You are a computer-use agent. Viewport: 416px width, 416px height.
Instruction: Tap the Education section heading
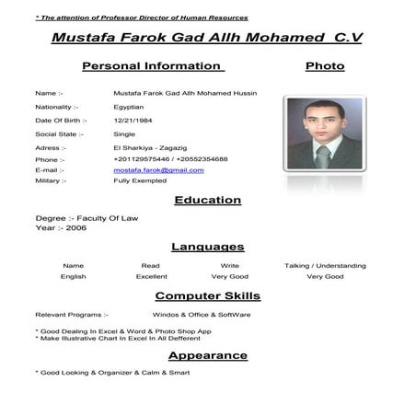coord(207,200)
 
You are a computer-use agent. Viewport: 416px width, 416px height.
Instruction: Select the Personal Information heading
coord(153,66)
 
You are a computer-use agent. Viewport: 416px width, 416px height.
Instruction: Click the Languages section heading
coord(207,247)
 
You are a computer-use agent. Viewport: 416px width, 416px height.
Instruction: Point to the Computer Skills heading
coord(207,295)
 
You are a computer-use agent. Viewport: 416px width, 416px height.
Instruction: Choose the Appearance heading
coord(207,355)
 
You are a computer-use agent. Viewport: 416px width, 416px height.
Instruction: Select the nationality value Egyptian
coord(129,107)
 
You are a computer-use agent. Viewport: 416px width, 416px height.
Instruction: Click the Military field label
coord(50,181)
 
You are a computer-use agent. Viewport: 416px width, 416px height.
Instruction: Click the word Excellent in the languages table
coord(152,276)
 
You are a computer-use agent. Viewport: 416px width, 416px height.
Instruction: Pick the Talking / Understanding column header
coord(325,265)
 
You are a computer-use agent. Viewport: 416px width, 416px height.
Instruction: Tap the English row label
coord(74,276)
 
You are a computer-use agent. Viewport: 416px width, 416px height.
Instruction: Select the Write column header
coord(230,265)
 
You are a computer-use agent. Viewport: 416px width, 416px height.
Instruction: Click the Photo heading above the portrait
coord(324,66)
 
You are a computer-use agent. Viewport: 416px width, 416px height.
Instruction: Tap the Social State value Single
coord(124,133)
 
